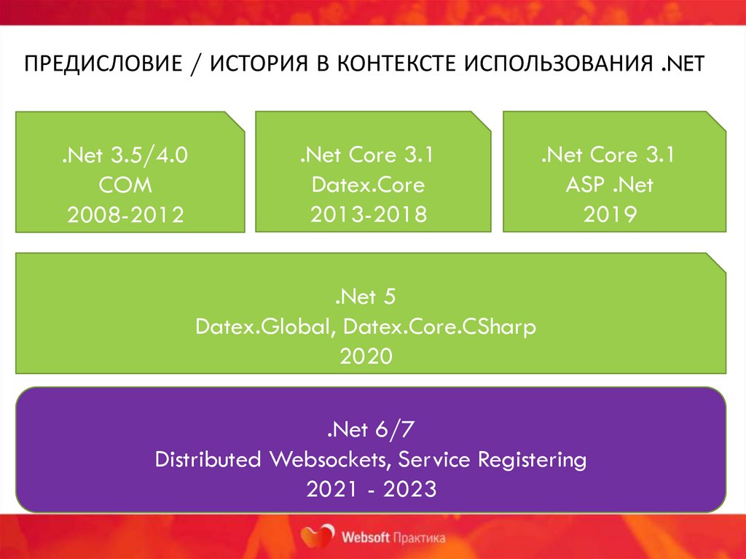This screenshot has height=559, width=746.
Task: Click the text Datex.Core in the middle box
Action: coord(368,185)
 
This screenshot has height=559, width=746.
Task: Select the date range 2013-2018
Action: coord(368,214)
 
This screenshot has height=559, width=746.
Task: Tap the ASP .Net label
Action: coord(609,185)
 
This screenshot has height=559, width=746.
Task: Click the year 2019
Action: coord(610,214)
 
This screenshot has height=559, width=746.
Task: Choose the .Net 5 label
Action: coord(366,297)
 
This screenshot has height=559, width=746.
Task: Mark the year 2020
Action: coord(366,356)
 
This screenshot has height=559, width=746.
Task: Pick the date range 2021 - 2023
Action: coord(372,489)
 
